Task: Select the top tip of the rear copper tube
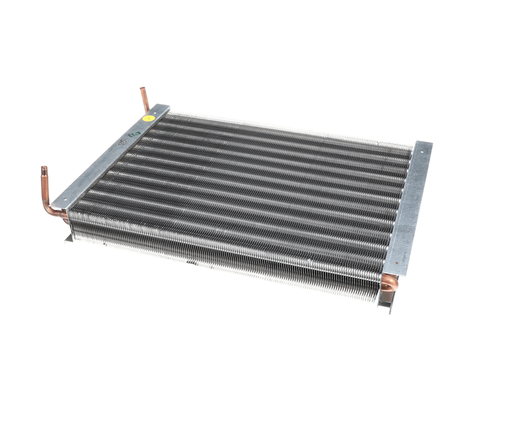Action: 142,88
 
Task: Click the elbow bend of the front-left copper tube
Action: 52,211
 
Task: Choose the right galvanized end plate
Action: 409,206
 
